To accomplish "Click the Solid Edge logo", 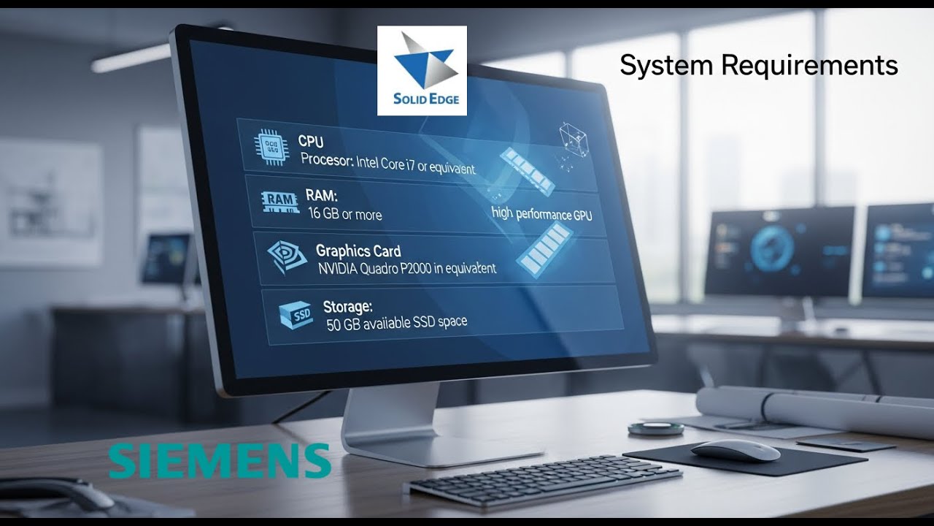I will (x=422, y=71).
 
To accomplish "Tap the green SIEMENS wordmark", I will (x=220, y=460).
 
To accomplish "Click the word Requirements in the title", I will (x=809, y=65).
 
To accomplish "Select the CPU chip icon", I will (x=268, y=145).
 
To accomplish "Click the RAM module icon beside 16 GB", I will (x=279, y=199).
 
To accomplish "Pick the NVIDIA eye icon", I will (x=287, y=254).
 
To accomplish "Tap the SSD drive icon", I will (x=296, y=314).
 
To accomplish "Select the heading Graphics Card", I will (x=358, y=251).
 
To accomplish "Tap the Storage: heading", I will (x=347, y=306).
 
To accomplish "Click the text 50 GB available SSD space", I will (x=396, y=322).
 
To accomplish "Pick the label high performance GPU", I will (x=541, y=214).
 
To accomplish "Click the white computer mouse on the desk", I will (x=735, y=450).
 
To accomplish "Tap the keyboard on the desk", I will (x=543, y=479).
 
